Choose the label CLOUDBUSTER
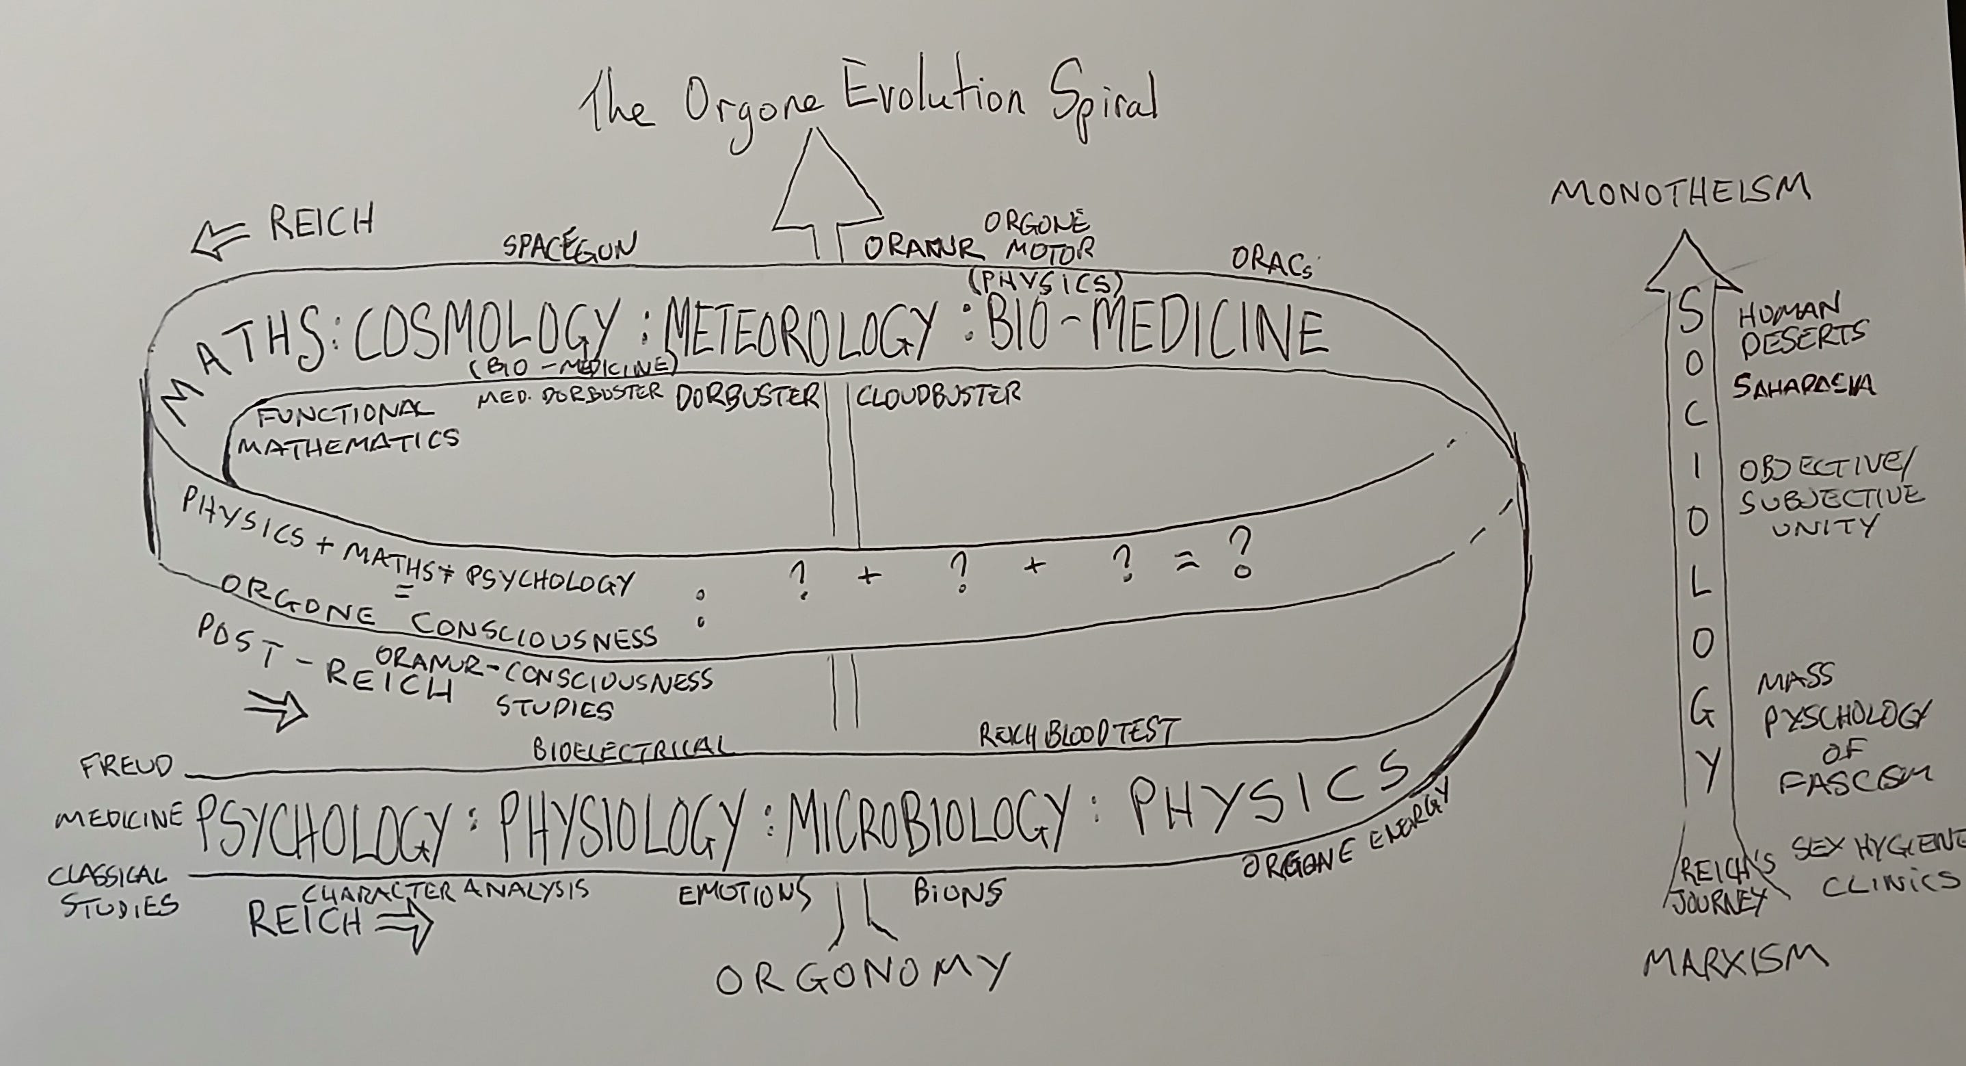pos(938,395)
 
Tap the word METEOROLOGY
pos(798,336)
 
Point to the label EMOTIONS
pos(745,893)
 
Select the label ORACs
pos(1271,262)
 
